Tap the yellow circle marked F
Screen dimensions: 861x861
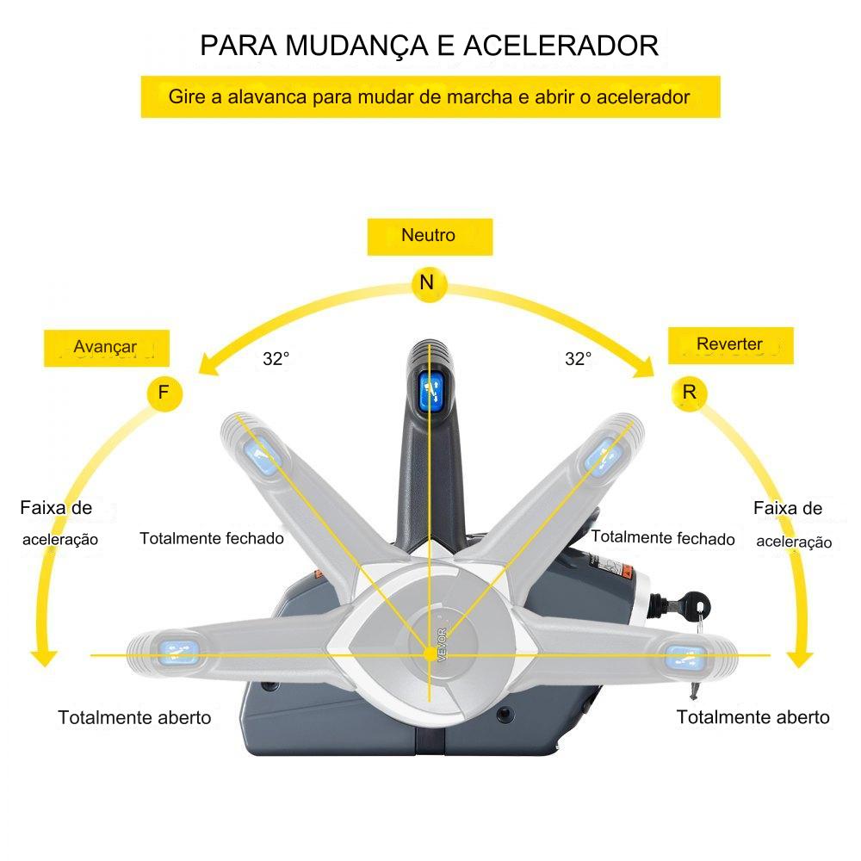click(x=164, y=393)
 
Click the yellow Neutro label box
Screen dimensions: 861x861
click(x=430, y=236)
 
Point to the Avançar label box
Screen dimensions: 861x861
click(x=107, y=347)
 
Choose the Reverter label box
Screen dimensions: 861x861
click(x=730, y=344)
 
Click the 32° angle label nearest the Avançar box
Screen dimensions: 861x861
click(x=276, y=360)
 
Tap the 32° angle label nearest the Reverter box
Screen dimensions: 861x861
click(x=579, y=360)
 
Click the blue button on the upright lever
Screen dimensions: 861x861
click(x=430, y=392)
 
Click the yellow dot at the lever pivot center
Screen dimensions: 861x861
click(x=430, y=654)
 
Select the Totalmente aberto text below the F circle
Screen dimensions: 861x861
click(x=134, y=717)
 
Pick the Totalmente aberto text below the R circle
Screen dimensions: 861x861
click(x=753, y=717)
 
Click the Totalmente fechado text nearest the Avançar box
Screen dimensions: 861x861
click(x=212, y=538)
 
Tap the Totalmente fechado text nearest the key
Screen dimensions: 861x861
click(x=663, y=538)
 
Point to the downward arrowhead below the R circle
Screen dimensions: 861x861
click(x=802, y=659)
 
